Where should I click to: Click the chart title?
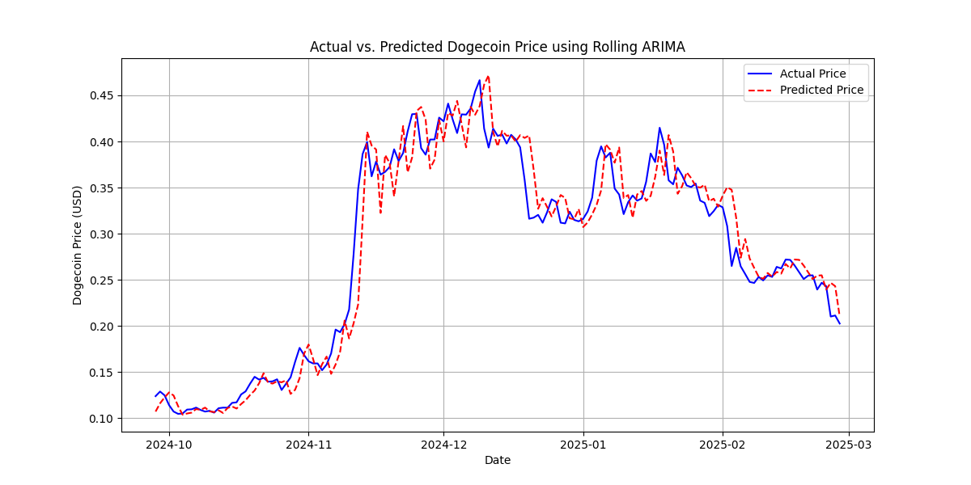[x=497, y=47]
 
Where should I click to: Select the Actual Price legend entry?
[x=812, y=74]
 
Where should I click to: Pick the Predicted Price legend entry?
[x=821, y=90]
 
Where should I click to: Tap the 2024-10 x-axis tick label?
[x=169, y=444]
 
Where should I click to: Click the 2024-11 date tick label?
[x=308, y=444]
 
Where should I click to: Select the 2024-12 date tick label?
[x=443, y=444]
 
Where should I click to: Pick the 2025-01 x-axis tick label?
[x=583, y=444]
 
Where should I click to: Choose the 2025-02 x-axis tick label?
[x=722, y=444]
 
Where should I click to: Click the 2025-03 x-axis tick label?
[x=848, y=444]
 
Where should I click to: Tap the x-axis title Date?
[x=497, y=460]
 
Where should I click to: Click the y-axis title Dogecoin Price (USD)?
[x=78, y=245]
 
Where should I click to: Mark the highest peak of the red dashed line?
[x=488, y=76]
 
